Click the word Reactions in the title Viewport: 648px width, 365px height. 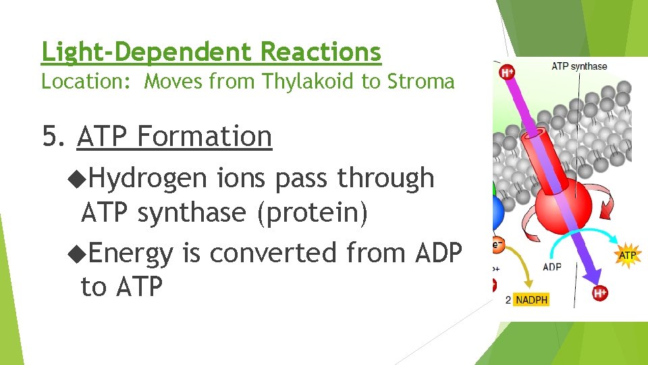click(321, 51)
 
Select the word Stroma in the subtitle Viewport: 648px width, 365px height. click(421, 82)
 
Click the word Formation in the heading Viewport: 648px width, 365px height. click(205, 136)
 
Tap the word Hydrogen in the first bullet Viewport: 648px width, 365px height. click(146, 178)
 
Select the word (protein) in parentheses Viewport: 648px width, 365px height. click(311, 213)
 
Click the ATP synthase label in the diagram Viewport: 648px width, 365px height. click(578, 66)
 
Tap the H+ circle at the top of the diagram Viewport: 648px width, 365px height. click(506, 72)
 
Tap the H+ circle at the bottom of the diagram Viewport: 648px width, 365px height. click(599, 293)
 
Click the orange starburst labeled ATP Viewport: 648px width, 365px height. click(627, 255)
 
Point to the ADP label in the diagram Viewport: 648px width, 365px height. click(551, 266)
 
